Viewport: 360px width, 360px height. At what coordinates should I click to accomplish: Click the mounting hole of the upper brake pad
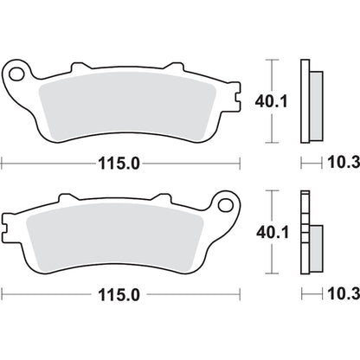(x=16, y=74)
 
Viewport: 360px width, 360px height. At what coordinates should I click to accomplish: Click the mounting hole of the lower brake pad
(x=228, y=207)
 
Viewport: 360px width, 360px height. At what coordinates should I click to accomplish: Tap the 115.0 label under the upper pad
(x=122, y=162)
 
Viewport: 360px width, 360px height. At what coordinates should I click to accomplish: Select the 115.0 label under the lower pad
(x=122, y=295)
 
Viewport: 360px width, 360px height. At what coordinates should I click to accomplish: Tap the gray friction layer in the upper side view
(x=316, y=103)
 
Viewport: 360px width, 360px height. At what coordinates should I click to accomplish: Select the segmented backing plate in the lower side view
(x=305, y=233)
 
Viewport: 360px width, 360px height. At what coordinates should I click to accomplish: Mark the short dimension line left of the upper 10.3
(x=311, y=162)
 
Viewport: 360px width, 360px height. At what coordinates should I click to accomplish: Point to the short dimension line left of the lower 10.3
(x=311, y=295)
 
